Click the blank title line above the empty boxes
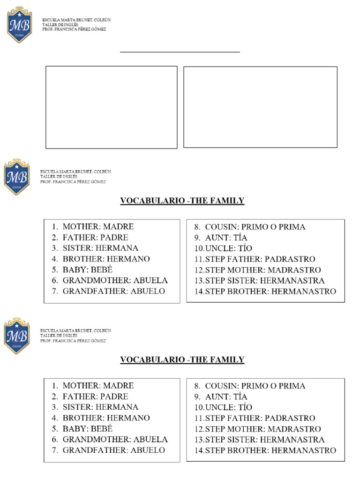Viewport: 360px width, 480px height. point(180,52)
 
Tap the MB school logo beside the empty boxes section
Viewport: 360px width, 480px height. point(19,24)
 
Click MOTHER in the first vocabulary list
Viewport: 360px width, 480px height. point(82,226)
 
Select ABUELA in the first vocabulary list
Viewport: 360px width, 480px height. point(150,280)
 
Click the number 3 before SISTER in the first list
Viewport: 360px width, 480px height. point(55,248)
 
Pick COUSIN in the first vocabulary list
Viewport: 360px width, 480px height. point(223,227)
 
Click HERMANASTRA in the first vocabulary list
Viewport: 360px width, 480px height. point(292,281)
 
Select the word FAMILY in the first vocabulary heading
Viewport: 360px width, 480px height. point(228,201)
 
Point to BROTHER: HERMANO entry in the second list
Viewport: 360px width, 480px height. point(106,418)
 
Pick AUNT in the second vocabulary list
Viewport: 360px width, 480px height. point(217,397)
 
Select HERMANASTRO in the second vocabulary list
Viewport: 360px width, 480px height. point(304,450)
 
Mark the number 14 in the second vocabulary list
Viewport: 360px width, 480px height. point(199,450)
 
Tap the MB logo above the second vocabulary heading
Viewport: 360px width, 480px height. point(17,336)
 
